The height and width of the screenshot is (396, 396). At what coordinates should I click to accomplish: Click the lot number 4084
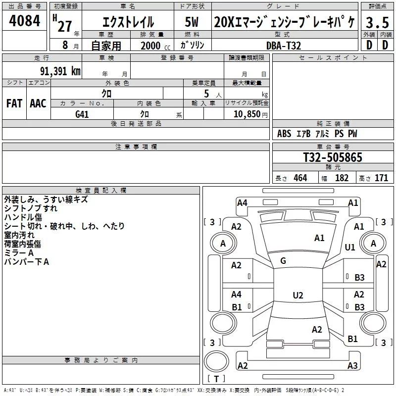coord(24,21)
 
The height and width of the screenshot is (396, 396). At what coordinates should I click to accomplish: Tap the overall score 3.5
coord(377,22)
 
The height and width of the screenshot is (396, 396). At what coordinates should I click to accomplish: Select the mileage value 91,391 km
coord(60,71)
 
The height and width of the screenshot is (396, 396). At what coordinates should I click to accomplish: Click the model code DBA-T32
coord(284,46)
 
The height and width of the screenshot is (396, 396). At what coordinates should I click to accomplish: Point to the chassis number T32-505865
coord(333,157)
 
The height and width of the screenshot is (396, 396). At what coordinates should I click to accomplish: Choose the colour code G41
coord(82,114)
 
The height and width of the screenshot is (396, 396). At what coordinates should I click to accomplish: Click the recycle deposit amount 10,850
coord(247,114)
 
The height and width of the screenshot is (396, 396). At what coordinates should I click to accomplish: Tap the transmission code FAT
coord(14,103)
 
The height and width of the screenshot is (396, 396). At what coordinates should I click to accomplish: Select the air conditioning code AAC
coord(38,103)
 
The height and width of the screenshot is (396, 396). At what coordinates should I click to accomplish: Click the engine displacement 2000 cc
coord(155,46)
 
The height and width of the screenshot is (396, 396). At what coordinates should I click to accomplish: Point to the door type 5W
coord(192,22)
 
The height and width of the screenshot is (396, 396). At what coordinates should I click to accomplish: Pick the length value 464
coord(300,178)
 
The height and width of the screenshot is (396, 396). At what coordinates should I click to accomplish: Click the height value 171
coord(381,178)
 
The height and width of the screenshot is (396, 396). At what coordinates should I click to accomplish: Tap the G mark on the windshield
coord(283,260)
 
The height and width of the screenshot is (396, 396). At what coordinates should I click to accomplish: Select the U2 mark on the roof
coord(298,295)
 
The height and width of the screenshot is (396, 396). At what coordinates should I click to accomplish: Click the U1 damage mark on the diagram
coord(350,247)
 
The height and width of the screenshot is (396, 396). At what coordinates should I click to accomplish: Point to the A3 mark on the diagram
coord(352,365)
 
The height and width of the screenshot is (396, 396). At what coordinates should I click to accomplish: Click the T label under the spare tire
coord(216,379)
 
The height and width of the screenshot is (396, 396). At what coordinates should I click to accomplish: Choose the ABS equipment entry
coord(284,134)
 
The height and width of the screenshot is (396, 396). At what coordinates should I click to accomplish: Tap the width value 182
coord(342,178)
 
